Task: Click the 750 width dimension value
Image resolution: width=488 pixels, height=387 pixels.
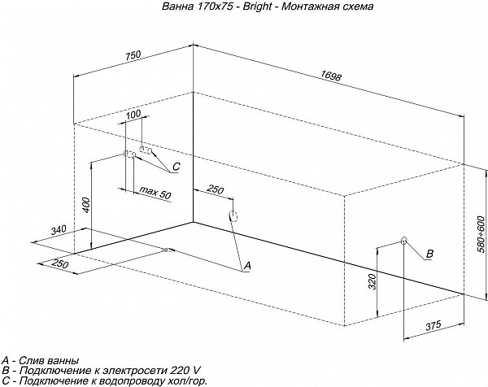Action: [133, 55]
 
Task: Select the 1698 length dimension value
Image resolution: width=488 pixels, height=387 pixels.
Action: [331, 76]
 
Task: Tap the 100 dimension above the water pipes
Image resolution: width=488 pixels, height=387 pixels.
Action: [133, 114]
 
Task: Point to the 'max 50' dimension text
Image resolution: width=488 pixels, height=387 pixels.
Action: [155, 193]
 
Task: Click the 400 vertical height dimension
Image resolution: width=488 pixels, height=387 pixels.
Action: [87, 205]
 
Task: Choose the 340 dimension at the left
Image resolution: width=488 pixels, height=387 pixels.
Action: [59, 230]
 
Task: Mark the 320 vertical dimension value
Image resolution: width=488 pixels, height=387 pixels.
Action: [373, 281]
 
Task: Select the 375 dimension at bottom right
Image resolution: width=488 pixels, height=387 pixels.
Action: [434, 326]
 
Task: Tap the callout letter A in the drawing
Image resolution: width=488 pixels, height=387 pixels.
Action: [247, 265]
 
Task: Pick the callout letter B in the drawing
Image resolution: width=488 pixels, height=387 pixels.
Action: [429, 254]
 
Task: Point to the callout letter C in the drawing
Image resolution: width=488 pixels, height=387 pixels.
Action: [176, 167]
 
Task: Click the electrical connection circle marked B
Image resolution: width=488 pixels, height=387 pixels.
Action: [404, 240]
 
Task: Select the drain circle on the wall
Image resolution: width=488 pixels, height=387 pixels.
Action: [233, 216]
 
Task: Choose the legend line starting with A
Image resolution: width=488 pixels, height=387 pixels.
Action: [40, 360]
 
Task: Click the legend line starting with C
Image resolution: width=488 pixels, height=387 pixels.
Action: [104, 380]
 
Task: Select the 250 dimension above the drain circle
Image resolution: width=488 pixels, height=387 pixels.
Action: [216, 189]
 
